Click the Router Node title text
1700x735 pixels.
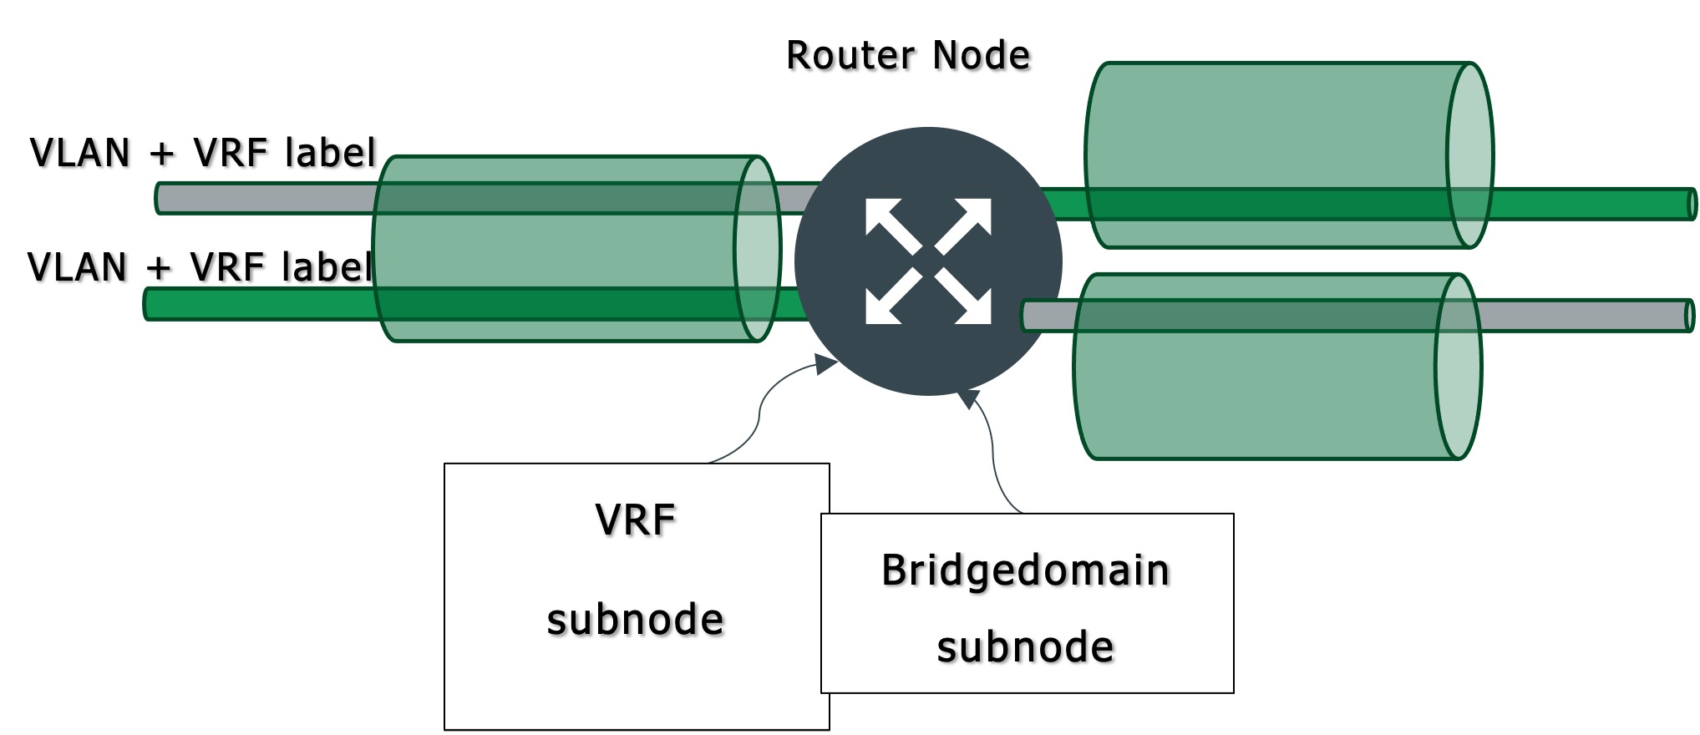(908, 56)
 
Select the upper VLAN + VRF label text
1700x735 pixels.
(203, 154)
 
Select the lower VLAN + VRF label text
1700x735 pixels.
(200, 267)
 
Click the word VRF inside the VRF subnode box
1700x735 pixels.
(635, 520)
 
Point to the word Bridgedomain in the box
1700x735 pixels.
(1025, 570)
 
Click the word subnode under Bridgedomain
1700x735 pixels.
(1025, 647)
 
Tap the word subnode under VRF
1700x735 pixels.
(635, 620)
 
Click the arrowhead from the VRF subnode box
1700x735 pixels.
(827, 363)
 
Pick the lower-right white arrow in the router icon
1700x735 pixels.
(966, 299)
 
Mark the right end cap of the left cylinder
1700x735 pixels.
(758, 249)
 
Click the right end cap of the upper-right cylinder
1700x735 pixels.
(1470, 155)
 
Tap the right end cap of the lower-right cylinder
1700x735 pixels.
(1459, 367)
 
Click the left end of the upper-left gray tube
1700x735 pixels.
(161, 199)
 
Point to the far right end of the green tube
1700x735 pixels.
(1692, 205)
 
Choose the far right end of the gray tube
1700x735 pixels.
(1690, 316)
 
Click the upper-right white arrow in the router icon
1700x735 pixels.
(966, 224)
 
